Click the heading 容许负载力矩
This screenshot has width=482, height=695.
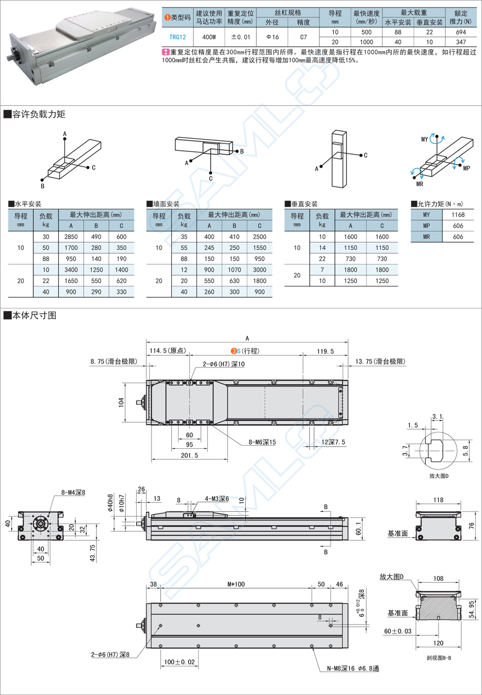pos(39,114)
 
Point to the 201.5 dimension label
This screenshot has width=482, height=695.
pos(189,455)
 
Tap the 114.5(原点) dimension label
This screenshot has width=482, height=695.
pos(166,351)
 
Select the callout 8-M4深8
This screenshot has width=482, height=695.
pos(73,492)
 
